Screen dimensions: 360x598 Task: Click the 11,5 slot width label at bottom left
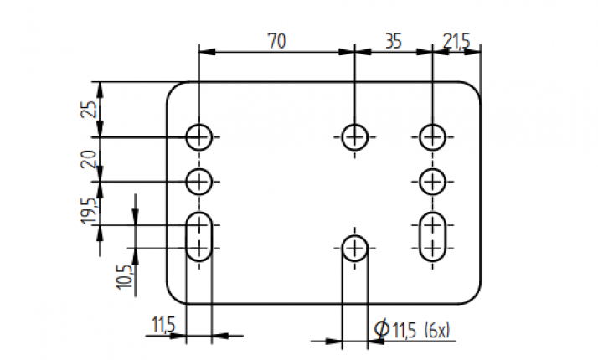click(163, 323)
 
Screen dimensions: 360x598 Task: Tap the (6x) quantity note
click(436, 331)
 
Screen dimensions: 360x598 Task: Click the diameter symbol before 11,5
click(381, 331)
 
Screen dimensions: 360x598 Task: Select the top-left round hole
click(199, 136)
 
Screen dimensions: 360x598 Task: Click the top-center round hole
click(355, 136)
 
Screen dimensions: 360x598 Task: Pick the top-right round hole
click(432, 136)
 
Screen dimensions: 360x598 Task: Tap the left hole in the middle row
click(199, 179)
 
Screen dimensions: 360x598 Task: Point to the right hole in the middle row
click(432, 179)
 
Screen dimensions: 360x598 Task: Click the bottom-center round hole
click(355, 248)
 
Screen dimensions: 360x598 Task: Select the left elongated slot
click(199, 237)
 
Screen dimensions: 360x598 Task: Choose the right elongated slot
click(432, 237)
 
